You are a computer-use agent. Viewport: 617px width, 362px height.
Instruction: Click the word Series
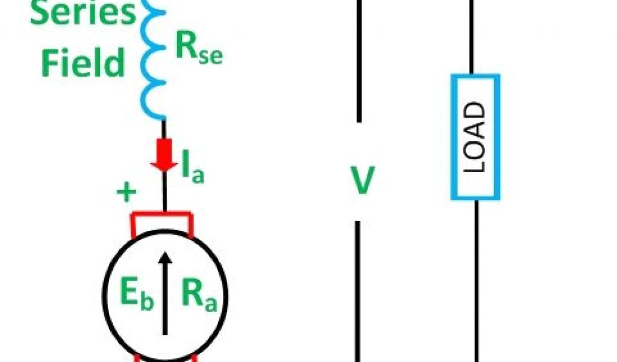[x=83, y=13]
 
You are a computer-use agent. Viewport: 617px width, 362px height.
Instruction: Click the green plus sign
[x=127, y=193]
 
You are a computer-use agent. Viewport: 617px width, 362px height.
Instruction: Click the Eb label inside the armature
[x=134, y=296]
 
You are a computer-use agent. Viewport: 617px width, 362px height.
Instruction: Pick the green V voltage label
[x=363, y=182]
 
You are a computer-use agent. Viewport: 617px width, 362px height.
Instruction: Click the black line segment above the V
[x=359, y=60]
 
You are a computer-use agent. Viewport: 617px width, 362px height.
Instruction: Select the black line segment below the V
[x=359, y=290]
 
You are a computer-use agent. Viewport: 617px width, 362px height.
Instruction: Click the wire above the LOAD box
[x=475, y=36]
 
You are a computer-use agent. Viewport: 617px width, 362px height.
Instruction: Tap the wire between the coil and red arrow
[x=163, y=130]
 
